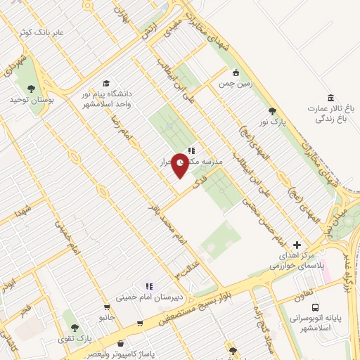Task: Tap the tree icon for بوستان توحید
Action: click(x=31, y=88)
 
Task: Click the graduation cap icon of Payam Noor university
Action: click(x=105, y=84)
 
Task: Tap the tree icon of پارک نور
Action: click(x=272, y=110)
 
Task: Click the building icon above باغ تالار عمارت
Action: click(x=330, y=97)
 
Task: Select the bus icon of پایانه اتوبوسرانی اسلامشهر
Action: click(x=316, y=307)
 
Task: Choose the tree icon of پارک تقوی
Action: click(x=74, y=327)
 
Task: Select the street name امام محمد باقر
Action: click(x=166, y=224)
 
